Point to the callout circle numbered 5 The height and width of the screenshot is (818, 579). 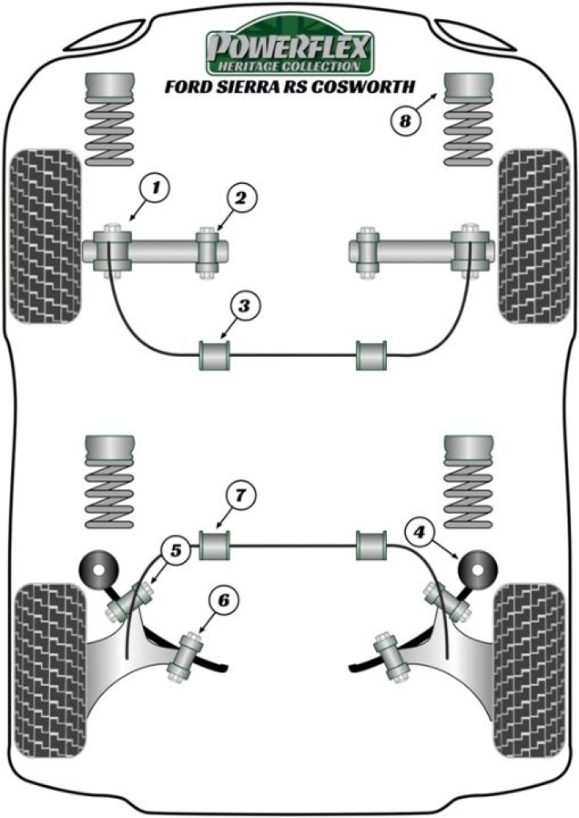(177, 550)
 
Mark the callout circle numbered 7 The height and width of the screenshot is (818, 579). (239, 496)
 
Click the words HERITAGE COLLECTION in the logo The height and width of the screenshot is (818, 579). (289, 66)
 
